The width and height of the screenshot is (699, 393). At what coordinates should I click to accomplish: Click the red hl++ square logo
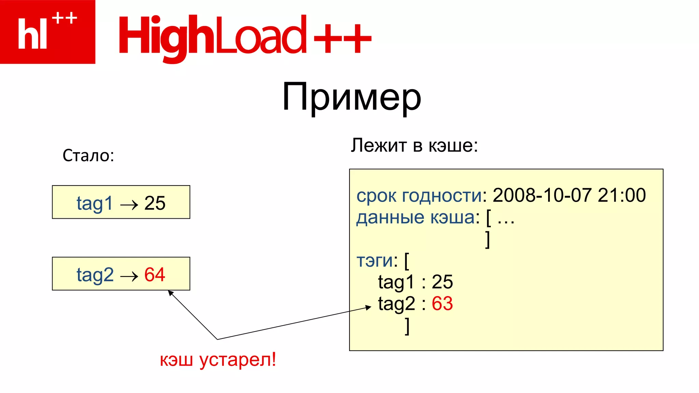point(47,32)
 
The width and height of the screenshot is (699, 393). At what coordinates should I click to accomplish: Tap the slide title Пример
point(352,97)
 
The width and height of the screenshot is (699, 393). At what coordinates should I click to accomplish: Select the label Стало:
point(88,156)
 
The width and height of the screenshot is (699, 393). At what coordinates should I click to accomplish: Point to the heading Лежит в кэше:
point(414,145)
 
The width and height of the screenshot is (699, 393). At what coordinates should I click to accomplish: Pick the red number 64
point(155,274)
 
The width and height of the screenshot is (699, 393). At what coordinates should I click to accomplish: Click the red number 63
point(442,303)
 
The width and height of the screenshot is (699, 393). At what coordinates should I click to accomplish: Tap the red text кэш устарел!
point(218,360)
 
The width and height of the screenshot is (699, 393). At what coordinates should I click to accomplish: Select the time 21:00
point(622,195)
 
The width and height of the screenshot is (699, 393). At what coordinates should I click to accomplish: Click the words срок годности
point(419,196)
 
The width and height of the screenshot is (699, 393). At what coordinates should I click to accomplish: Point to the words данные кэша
point(415,217)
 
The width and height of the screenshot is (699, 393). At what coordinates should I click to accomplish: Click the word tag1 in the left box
point(95,204)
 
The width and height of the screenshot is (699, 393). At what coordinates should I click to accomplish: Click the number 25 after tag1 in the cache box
point(442,282)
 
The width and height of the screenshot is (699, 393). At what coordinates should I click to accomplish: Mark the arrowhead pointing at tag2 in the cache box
point(369,307)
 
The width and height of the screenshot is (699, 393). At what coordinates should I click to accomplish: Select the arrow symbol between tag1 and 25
point(129,205)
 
